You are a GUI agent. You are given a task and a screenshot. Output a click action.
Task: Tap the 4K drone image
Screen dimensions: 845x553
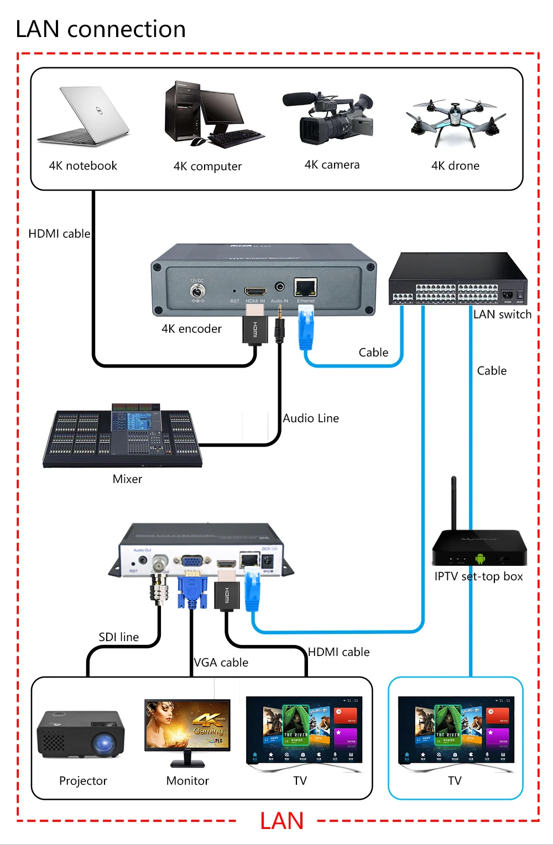pos(455,123)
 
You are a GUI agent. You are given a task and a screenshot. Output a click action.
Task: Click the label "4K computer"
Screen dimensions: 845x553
pos(207,166)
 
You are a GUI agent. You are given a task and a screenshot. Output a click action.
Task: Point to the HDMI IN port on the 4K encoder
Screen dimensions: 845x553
pos(255,291)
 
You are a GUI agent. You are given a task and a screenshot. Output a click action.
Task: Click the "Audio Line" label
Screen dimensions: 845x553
pos(311,418)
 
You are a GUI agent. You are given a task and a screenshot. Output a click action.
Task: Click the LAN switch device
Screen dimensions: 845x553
pos(457,279)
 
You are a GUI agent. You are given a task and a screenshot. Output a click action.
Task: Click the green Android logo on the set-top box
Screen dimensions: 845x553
pos(480,559)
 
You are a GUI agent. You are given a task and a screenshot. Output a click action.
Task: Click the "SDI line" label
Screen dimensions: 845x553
pos(118,637)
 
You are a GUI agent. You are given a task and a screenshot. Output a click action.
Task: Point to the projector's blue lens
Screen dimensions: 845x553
pos(103,744)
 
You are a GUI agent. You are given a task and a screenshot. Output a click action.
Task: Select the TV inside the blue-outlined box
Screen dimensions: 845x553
pos(456,733)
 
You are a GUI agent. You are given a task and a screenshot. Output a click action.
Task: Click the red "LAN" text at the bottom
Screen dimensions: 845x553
pos(281,821)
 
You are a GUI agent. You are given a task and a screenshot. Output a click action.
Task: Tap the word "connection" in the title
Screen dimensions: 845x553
pos(127,29)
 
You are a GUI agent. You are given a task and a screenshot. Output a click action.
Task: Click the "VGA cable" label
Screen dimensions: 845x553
pos(221,663)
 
